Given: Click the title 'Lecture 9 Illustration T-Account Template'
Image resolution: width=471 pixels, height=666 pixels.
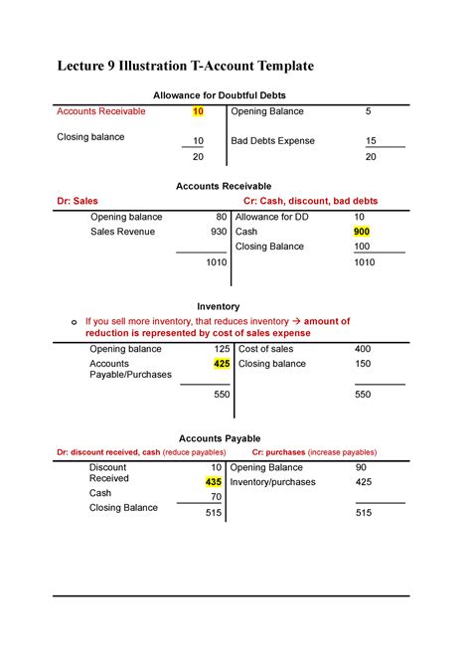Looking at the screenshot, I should [x=185, y=66].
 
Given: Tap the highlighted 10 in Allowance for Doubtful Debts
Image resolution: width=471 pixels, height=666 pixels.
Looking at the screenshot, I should [x=198, y=111].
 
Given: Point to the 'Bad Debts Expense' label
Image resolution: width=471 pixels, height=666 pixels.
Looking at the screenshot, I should [x=272, y=141].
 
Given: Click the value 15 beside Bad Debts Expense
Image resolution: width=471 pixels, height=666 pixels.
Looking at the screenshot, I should [x=371, y=141].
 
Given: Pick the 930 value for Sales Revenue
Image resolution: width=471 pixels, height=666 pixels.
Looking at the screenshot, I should [x=218, y=231].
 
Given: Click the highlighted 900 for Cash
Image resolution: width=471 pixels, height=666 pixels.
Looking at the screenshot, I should [x=361, y=231].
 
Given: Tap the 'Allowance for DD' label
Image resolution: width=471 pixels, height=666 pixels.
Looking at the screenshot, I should [x=272, y=216].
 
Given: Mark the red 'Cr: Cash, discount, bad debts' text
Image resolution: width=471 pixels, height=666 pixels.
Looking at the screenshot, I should [x=310, y=201].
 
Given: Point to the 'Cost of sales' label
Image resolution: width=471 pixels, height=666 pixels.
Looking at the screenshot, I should [x=266, y=350].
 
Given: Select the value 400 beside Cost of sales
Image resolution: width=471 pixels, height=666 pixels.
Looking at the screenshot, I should [x=363, y=350].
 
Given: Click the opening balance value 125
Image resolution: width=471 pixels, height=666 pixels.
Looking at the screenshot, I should [x=221, y=350].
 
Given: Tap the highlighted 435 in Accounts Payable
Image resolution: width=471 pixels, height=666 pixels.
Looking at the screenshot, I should [x=213, y=481].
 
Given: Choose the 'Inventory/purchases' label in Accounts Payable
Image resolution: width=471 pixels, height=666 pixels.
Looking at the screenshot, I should [x=272, y=482].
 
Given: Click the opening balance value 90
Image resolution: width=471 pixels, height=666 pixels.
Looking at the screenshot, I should [x=361, y=467].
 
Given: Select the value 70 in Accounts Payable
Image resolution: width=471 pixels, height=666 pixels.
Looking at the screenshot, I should [x=216, y=496].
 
